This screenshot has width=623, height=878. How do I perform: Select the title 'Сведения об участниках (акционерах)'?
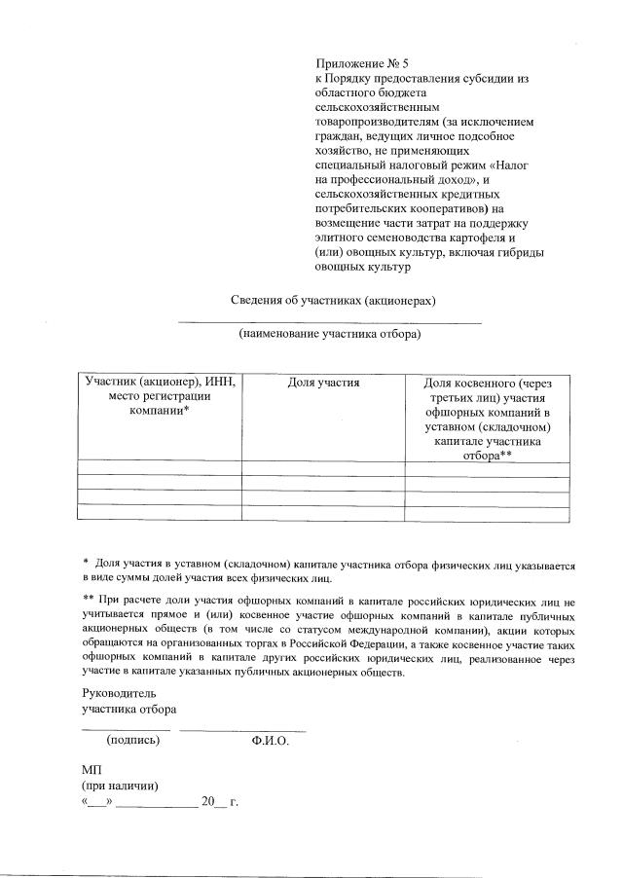click(x=333, y=300)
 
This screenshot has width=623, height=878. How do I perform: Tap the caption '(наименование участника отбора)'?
click(x=330, y=335)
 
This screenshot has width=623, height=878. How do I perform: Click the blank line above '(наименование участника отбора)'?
click(x=330, y=321)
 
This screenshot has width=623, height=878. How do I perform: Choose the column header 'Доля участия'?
click(x=324, y=384)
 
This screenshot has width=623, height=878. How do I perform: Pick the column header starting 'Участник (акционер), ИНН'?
click(x=161, y=397)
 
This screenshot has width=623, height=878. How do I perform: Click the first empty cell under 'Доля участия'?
click(x=324, y=468)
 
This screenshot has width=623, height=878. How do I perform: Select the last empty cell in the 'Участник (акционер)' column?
click(x=161, y=512)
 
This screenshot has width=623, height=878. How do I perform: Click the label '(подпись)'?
click(x=132, y=740)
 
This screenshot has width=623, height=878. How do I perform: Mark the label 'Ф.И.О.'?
click(x=270, y=740)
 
